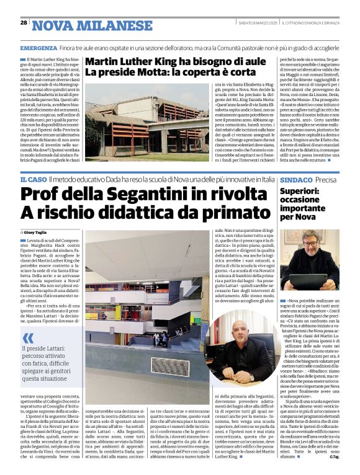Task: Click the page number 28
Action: click(24, 23)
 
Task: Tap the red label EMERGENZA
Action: click(39, 48)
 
